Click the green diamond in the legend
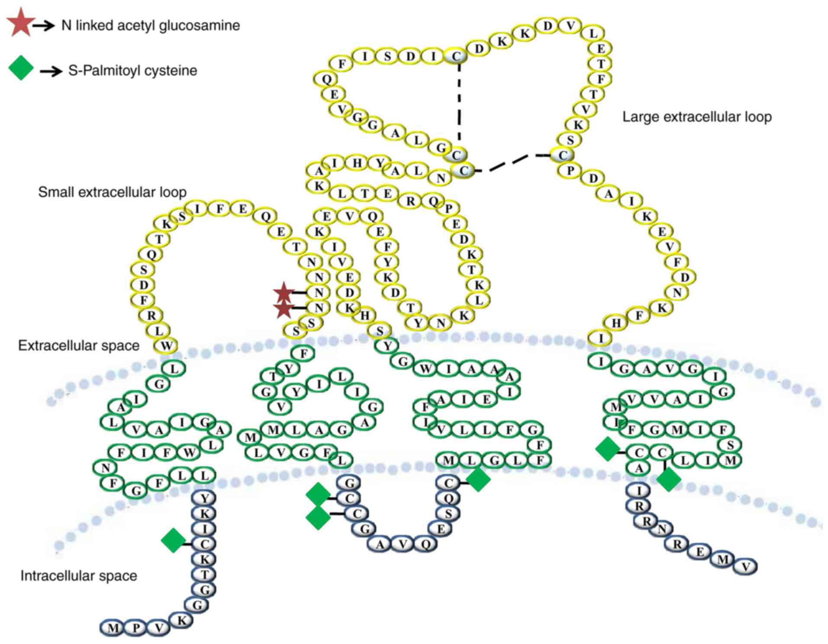[21, 69]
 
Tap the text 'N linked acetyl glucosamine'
[150, 26]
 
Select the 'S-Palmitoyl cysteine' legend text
[132, 71]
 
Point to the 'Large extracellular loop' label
[696, 117]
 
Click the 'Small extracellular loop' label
[112, 192]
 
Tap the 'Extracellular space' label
[79, 346]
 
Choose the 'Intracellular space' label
[79, 576]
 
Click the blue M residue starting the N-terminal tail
[113, 628]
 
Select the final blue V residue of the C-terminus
[745, 566]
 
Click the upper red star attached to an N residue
[284, 293]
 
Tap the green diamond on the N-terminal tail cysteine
[173, 540]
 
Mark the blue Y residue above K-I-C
[205, 498]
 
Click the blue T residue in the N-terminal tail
[205, 574]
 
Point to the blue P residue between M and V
[136, 628]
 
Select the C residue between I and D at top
[456, 56]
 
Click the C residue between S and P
[563, 155]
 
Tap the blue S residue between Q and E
[448, 514]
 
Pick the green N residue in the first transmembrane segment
[106, 468]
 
